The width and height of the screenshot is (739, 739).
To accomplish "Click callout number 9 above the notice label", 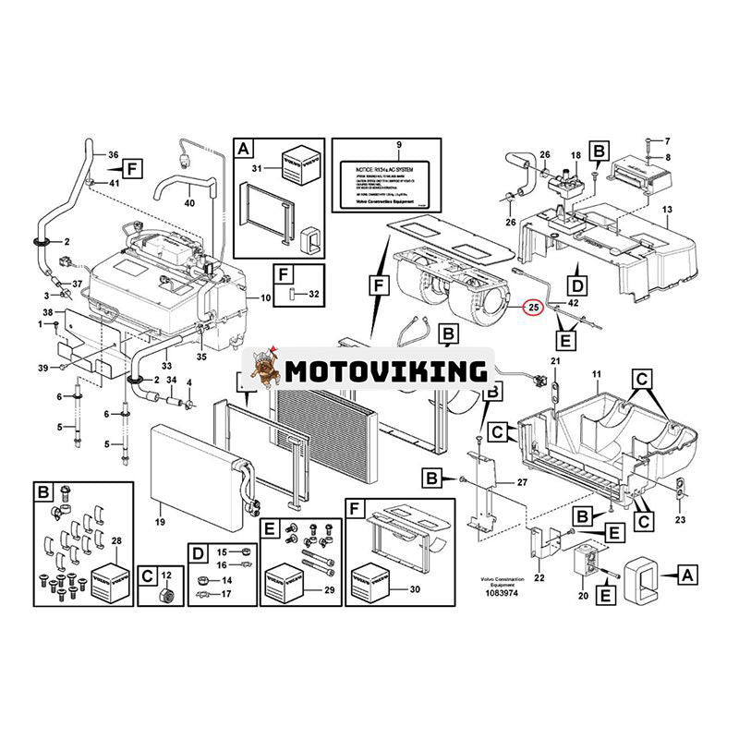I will click(x=399, y=146).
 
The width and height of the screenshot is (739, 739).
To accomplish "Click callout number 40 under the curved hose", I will click(x=189, y=202).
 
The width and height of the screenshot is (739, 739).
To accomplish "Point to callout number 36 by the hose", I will click(x=114, y=154).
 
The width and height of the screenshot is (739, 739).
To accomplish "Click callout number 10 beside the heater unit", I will click(x=266, y=297).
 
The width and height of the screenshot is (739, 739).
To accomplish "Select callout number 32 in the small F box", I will click(x=312, y=294).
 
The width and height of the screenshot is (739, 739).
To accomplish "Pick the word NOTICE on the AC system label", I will click(x=356, y=172).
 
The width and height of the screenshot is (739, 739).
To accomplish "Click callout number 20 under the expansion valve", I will click(x=582, y=596).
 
